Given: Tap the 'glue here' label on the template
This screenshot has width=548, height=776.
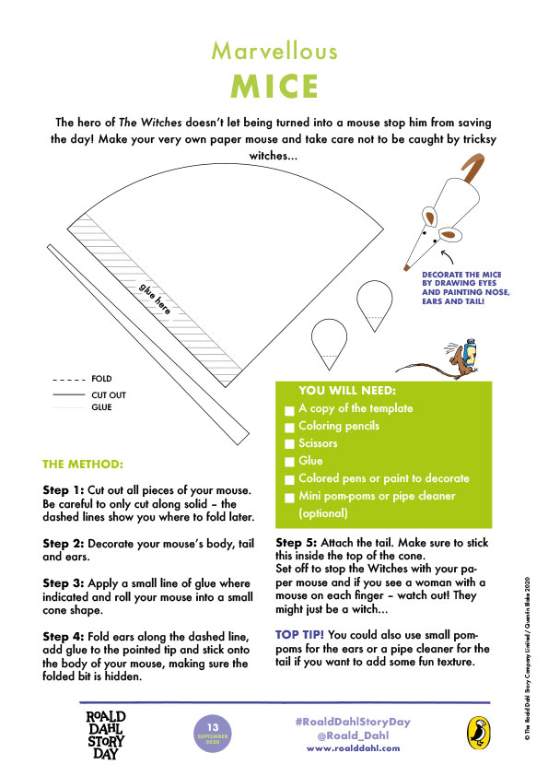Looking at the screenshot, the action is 155,300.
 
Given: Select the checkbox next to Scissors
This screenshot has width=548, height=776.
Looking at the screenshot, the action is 290,444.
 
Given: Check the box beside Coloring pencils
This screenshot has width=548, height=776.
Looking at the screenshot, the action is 290,427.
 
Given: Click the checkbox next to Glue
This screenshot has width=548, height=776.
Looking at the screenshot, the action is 290,462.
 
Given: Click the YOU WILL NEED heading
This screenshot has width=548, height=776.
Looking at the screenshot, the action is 346,391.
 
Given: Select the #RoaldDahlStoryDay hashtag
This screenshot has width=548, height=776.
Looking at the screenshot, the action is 354,722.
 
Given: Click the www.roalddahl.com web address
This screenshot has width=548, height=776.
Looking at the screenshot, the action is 354,748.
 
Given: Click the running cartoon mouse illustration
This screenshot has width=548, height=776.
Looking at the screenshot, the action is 453,361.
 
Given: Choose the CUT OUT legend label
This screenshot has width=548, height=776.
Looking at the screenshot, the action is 107,394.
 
